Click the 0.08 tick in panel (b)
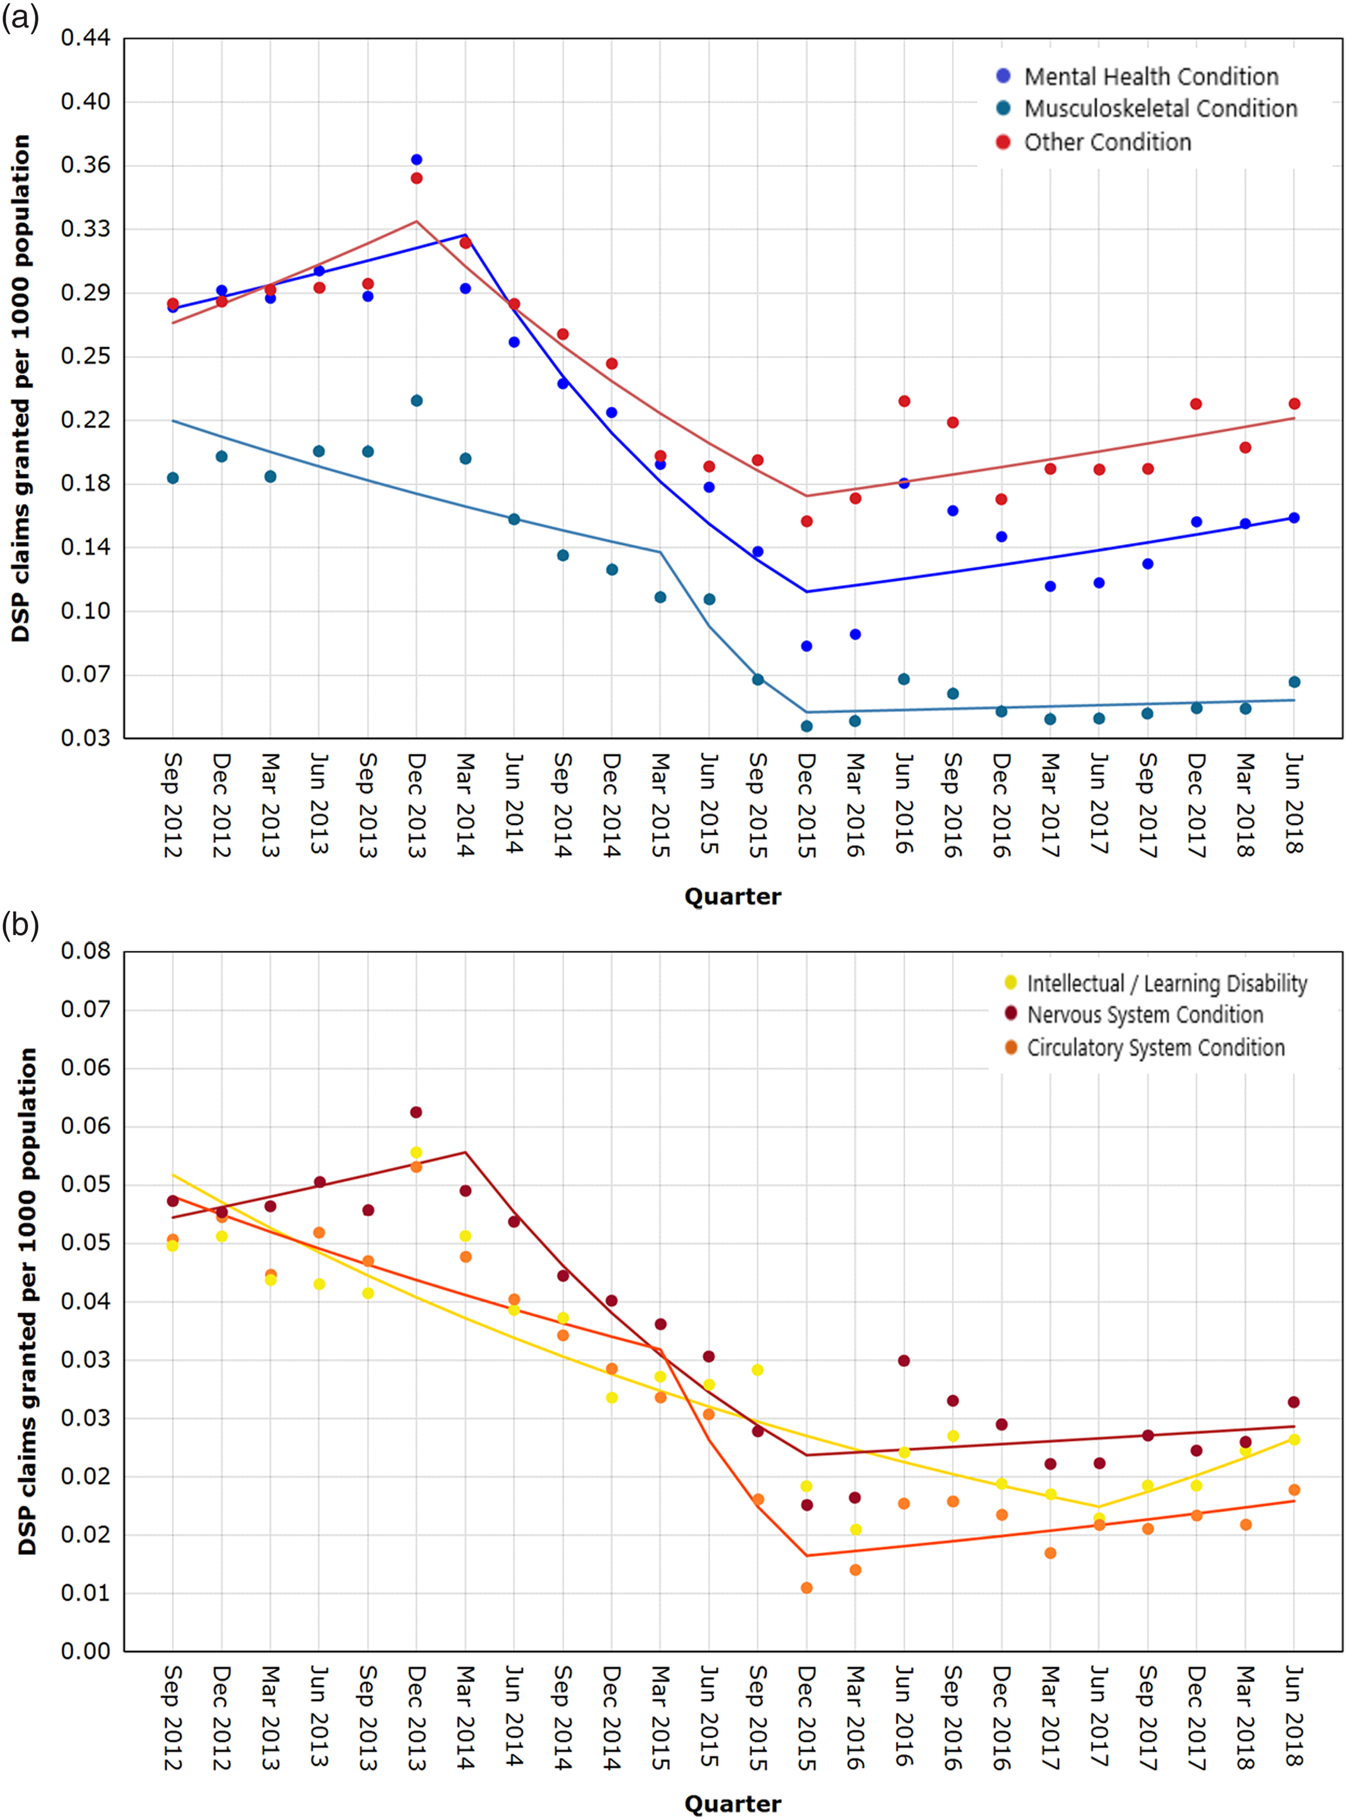coord(85,951)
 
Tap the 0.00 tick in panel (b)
coord(85,1650)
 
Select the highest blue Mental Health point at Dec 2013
coord(417,160)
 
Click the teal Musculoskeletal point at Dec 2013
coord(417,401)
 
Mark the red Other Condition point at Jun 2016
coord(904,401)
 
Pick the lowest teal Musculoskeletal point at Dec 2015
coord(807,726)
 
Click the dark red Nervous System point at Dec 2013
coord(417,1112)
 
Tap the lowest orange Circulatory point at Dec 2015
coord(807,1587)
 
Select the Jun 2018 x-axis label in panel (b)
coord(1294,1717)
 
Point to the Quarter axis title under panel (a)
coord(732,897)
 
